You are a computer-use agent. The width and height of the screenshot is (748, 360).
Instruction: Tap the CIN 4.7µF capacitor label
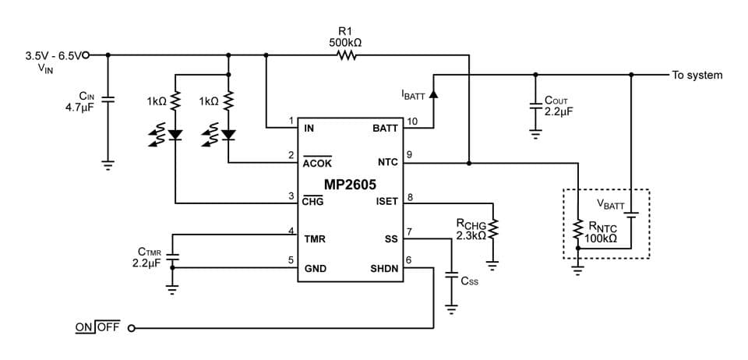pyautogui.click(x=79, y=102)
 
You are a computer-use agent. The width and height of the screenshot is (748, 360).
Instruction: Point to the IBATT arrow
pyautogui.click(x=433, y=94)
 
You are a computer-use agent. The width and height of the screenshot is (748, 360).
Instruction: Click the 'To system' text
pyautogui.click(x=697, y=76)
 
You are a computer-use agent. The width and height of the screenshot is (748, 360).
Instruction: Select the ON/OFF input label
pyautogui.click(x=97, y=327)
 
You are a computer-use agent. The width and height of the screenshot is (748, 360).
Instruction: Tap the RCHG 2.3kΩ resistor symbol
pyautogui.click(x=492, y=230)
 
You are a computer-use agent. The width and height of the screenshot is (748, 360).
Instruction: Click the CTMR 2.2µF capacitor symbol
pyautogui.click(x=172, y=258)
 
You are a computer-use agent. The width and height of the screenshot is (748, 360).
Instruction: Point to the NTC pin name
pyautogui.click(x=387, y=162)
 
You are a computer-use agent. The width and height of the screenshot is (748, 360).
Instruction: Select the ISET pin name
pyautogui.click(x=386, y=201)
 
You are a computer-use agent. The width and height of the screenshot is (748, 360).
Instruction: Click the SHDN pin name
pyautogui.click(x=384, y=269)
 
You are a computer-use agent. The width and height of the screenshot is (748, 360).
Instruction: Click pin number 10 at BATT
pyautogui.click(x=412, y=121)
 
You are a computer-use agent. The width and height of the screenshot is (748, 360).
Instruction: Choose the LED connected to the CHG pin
pyautogui.click(x=175, y=135)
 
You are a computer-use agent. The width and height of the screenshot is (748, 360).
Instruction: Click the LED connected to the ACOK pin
pyautogui.click(x=228, y=135)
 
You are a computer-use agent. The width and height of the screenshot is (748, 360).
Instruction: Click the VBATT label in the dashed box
pyautogui.click(x=611, y=204)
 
